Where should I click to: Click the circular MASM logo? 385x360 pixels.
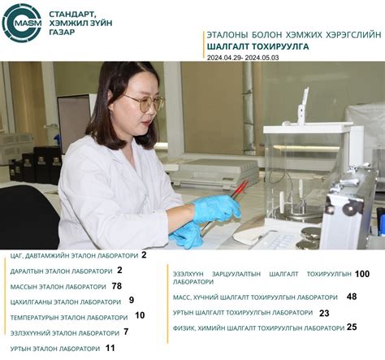(22, 23)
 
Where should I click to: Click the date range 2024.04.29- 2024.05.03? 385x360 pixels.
(243, 58)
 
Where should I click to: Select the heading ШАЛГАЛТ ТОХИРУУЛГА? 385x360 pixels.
(257, 46)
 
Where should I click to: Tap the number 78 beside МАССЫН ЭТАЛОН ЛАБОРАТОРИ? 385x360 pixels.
(117, 286)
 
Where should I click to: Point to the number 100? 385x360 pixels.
(362, 274)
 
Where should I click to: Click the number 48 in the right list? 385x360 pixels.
(352, 297)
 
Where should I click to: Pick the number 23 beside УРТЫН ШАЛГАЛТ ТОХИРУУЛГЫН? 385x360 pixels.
(324, 313)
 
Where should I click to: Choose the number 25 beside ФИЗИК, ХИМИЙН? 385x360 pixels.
(352, 327)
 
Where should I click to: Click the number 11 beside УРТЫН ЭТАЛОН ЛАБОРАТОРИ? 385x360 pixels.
(110, 348)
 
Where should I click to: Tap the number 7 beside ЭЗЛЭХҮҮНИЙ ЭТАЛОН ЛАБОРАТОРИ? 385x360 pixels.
(126, 332)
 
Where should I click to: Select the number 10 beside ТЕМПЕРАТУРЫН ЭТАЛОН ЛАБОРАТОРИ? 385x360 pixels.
(140, 315)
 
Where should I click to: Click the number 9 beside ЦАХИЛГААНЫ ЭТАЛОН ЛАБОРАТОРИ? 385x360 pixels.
(132, 300)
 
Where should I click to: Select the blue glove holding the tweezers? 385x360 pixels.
(217, 208)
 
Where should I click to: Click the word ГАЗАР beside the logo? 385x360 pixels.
(62, 32)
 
